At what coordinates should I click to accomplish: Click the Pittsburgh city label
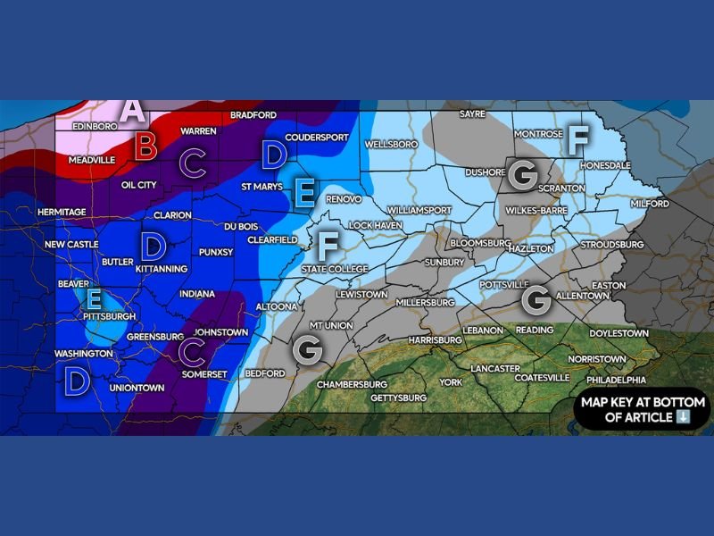[x=109, y=316]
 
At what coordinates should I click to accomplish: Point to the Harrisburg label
[x=434, y=340]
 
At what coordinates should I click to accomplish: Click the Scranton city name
[x=561, y=188]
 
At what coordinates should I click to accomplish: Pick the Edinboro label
[x=95, y=127]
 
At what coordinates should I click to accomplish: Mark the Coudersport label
[x=316, y=138]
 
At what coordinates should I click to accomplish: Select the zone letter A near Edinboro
[x=133, y=111]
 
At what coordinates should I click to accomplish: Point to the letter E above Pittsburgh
[x=92, y=298]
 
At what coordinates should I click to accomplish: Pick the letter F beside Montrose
[x=578, y=138]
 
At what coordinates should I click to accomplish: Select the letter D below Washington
[x=77, y=382]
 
